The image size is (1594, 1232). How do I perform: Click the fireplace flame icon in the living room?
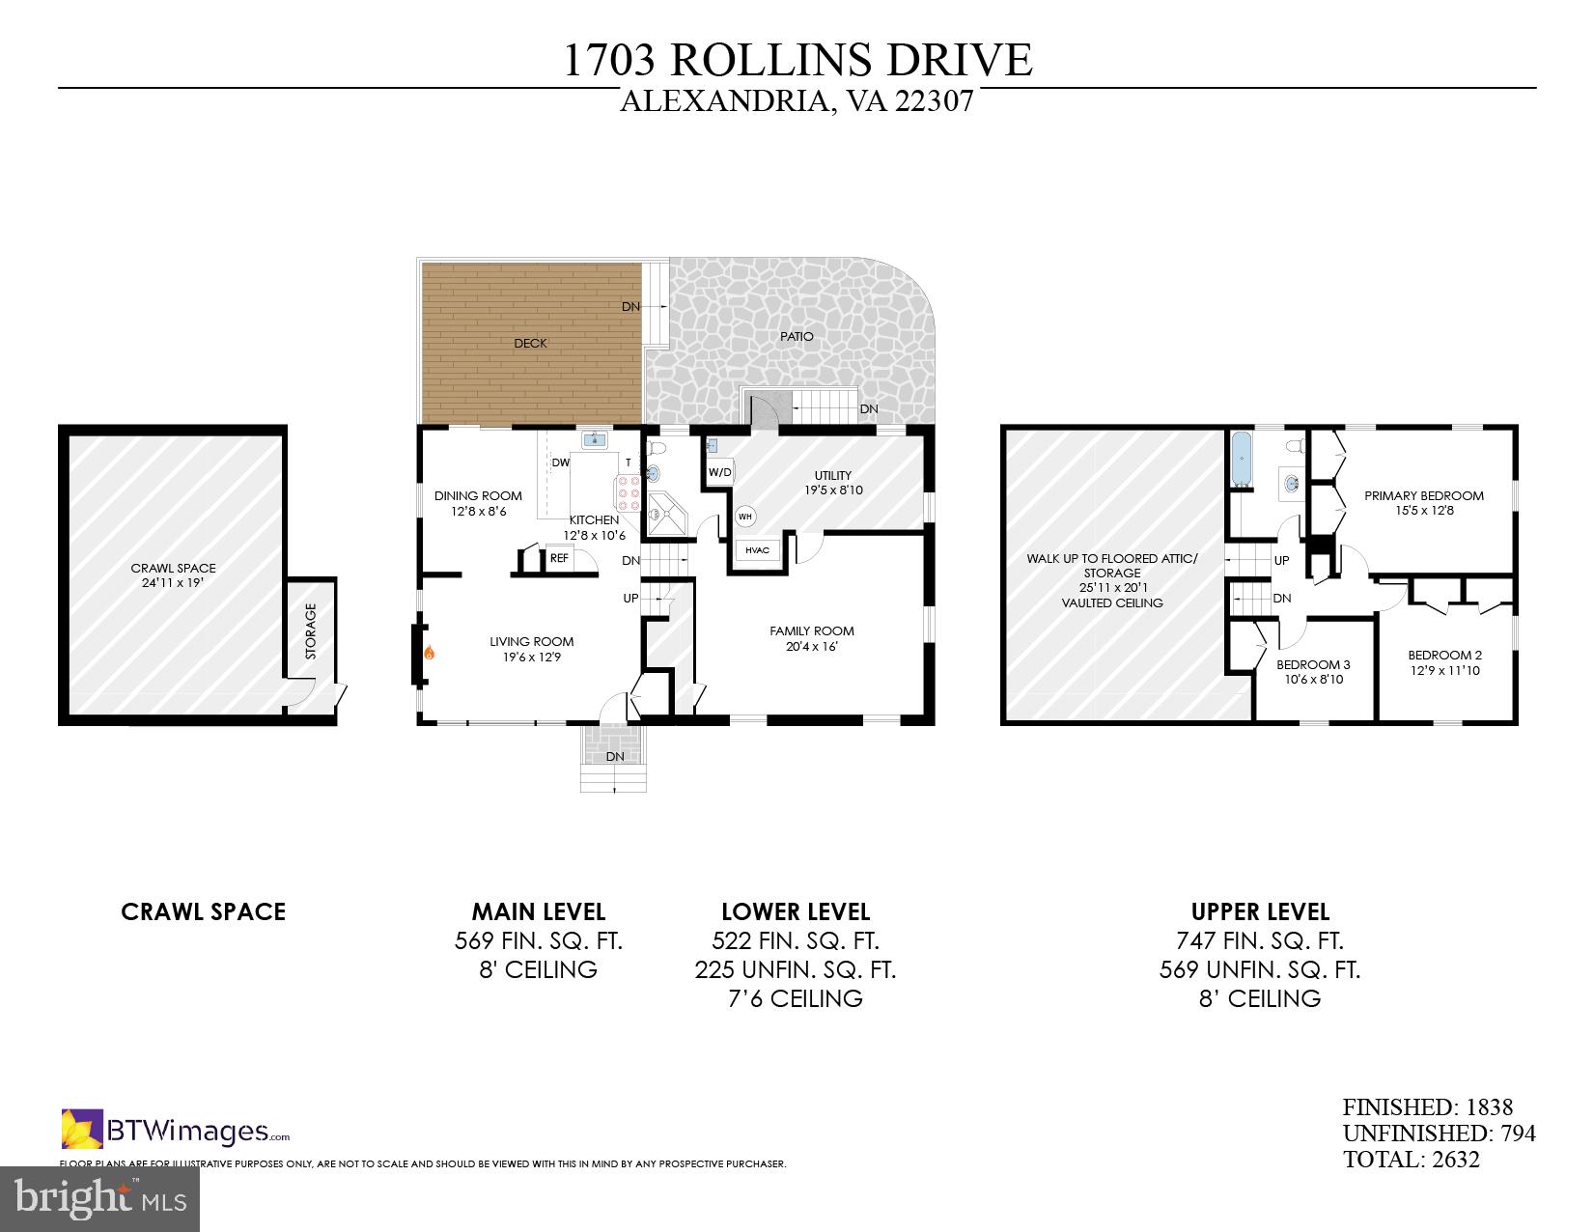point(429,654)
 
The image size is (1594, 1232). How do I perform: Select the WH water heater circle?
point(745,517)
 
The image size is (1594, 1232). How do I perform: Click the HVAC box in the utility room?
point(757,550)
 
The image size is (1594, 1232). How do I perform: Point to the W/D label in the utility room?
point(719,473)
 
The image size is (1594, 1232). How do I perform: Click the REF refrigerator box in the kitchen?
point(559,558)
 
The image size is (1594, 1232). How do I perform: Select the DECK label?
point(530,343)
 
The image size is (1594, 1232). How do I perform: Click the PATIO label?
point(797,336)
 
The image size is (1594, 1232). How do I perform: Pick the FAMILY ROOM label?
point(811,630)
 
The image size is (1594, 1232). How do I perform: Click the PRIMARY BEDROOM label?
point(1423,495)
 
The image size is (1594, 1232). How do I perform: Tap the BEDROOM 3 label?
point(1312,664)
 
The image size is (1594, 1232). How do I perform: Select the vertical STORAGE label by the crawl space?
point(311,631)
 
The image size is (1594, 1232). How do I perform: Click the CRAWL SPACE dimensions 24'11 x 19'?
point(174,582)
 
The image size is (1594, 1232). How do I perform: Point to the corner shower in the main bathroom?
point(666,516)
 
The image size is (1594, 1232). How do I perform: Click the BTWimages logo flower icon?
point(82,1129)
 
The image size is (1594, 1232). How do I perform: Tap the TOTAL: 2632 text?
point(1411,1160)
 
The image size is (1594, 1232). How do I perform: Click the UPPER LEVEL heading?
point(1259,911)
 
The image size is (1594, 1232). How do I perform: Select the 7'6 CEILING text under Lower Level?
point(795,998)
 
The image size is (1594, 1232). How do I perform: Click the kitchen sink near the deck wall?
point(595,440)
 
